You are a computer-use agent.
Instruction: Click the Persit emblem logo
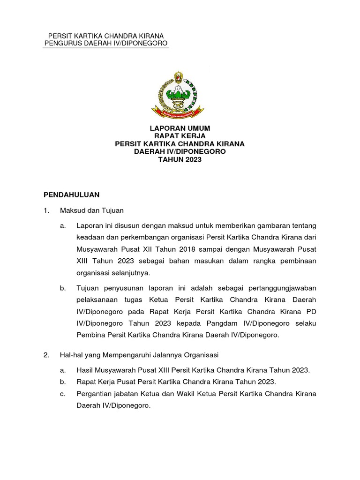[178, 93]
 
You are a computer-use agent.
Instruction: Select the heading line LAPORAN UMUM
[180, 128]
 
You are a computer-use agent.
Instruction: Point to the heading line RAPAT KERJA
[180, 136]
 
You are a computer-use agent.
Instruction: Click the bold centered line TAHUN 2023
[180, 160]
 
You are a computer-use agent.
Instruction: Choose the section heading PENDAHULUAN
[71, 194]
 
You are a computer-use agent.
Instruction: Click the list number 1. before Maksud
[46, 211]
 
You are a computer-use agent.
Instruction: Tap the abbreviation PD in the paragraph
[311, 311]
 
